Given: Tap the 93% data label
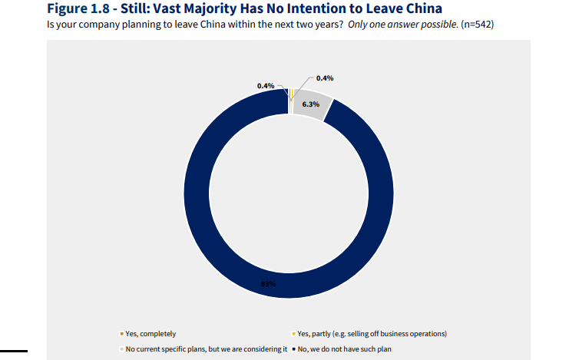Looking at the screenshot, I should click(267, 284).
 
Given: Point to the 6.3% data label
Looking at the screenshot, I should click(310, 104).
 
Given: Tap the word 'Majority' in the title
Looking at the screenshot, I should click(235, 9).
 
